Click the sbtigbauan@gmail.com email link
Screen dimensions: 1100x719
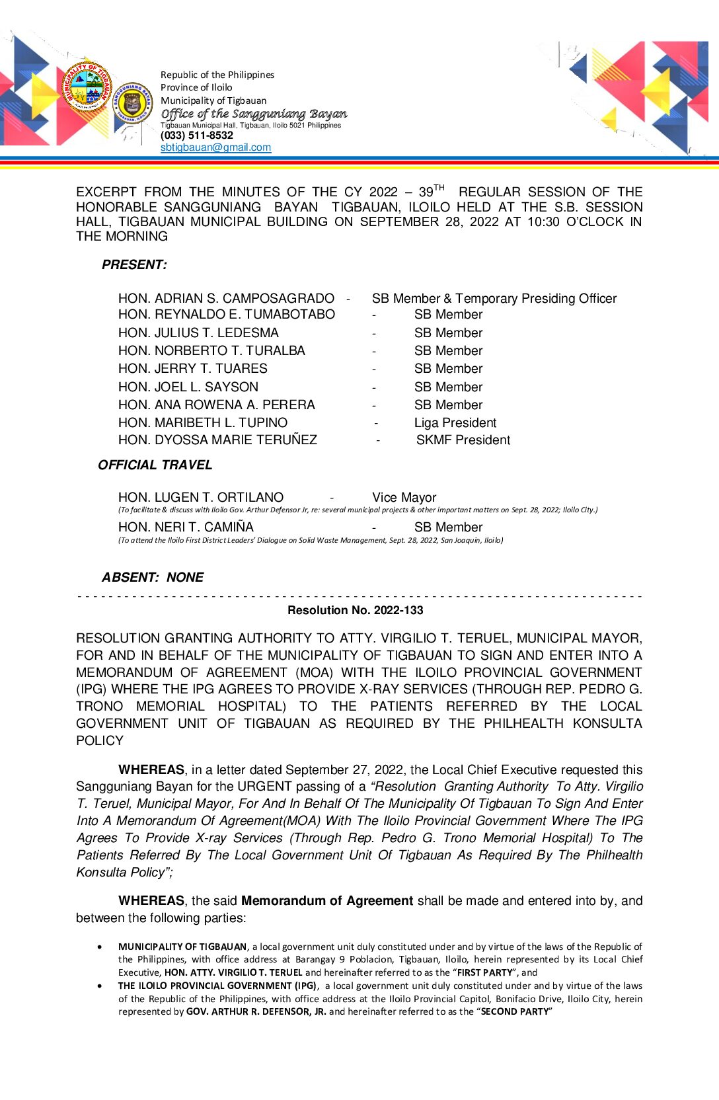[x=215, y=147]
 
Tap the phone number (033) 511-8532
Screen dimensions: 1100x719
[x=197, y=136]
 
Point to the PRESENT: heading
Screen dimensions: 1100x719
[x=134, y=264]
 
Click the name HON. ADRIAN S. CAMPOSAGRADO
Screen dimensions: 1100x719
[x=226, y=299]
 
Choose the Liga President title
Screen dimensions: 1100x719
[x=455, y=423]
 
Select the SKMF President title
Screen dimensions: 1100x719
[x=463, y=440]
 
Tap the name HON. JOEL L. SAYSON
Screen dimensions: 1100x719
[x=188, y=387]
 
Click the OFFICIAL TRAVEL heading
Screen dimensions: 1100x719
[x=155, y=465]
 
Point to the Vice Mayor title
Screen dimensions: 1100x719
[x=404, y=498]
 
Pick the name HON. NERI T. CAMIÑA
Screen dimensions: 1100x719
[x=186, y=528]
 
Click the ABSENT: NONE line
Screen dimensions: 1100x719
[x=153, y=578]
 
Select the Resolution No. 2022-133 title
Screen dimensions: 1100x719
[x=355, y=610]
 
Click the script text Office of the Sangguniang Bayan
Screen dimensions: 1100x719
[x=254, y=114]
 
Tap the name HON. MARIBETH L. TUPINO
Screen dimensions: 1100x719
[x=203, y=423]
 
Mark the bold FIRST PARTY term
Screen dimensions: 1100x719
[x=484, y=972]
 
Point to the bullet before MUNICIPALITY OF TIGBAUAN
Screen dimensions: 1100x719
[x=100, y=947]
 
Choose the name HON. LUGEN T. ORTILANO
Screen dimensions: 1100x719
[x=201, y=498]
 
